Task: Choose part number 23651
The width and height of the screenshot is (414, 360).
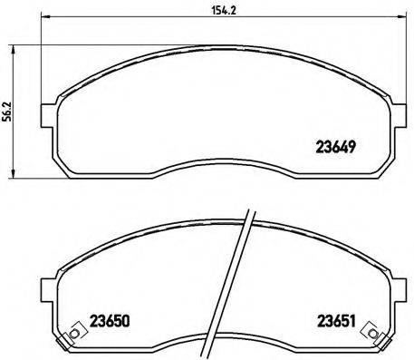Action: click(335, 320)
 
